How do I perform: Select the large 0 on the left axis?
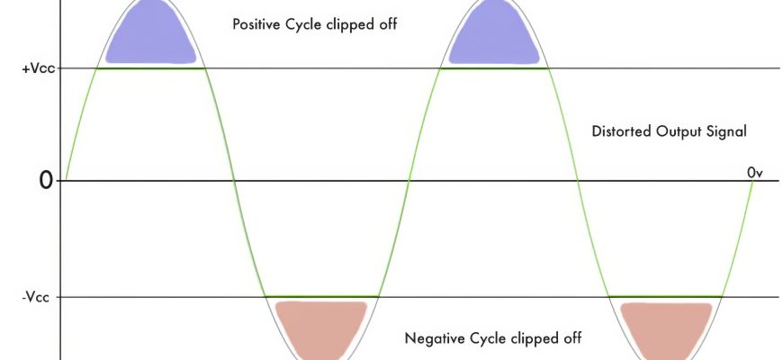point(46,181)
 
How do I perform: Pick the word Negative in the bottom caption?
point(436,338)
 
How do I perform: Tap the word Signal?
point(728,131)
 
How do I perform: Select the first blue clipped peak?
point(151,36)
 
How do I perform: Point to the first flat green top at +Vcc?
point(151,68)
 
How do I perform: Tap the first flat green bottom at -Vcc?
point(321,297)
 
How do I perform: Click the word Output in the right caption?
point(677,131)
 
